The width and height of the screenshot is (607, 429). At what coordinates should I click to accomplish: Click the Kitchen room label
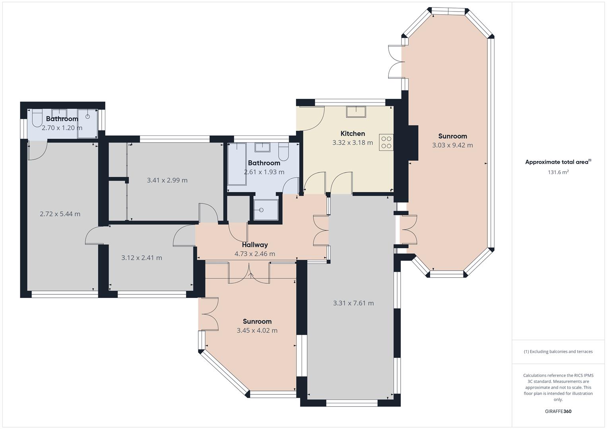(353, 133)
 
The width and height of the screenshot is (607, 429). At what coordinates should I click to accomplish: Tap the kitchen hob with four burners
(386, 142)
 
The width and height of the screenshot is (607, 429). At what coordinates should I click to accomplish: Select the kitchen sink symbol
(356, 112)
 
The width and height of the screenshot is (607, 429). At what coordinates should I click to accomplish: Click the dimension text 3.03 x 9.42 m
(452, 145)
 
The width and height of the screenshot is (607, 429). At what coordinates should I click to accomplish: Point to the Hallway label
(255, 245)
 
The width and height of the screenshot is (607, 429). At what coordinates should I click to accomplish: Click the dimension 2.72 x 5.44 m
(60, 214)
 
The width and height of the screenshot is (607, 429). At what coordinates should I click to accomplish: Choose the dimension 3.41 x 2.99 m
(167, 180)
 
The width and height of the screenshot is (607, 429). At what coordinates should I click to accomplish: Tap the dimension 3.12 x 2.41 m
(142, 257)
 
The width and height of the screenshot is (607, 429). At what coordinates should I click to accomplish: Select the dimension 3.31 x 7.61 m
(353, 303)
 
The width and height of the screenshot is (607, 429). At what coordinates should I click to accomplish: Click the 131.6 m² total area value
(558, 172)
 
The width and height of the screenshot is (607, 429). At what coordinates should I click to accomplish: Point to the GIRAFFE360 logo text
(558, 411)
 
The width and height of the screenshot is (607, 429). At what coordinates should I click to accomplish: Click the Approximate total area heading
(558, 162)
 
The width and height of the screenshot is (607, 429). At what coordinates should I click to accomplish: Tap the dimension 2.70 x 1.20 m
(62, 128)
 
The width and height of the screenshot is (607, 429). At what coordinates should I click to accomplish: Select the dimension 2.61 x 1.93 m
(264, 172)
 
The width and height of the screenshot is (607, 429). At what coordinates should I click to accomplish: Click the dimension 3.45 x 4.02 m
(257, 330)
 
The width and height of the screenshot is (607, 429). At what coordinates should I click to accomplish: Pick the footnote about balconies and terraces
(558, 352)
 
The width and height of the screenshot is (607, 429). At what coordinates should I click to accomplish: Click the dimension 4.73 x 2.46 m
(254, 254)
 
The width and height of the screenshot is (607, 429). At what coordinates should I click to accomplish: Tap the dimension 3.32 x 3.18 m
(353, 143)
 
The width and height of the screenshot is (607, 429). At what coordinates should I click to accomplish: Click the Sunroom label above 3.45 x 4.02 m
(257, 321)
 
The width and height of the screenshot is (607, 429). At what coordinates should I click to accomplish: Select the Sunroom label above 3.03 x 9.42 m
(452, 136)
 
